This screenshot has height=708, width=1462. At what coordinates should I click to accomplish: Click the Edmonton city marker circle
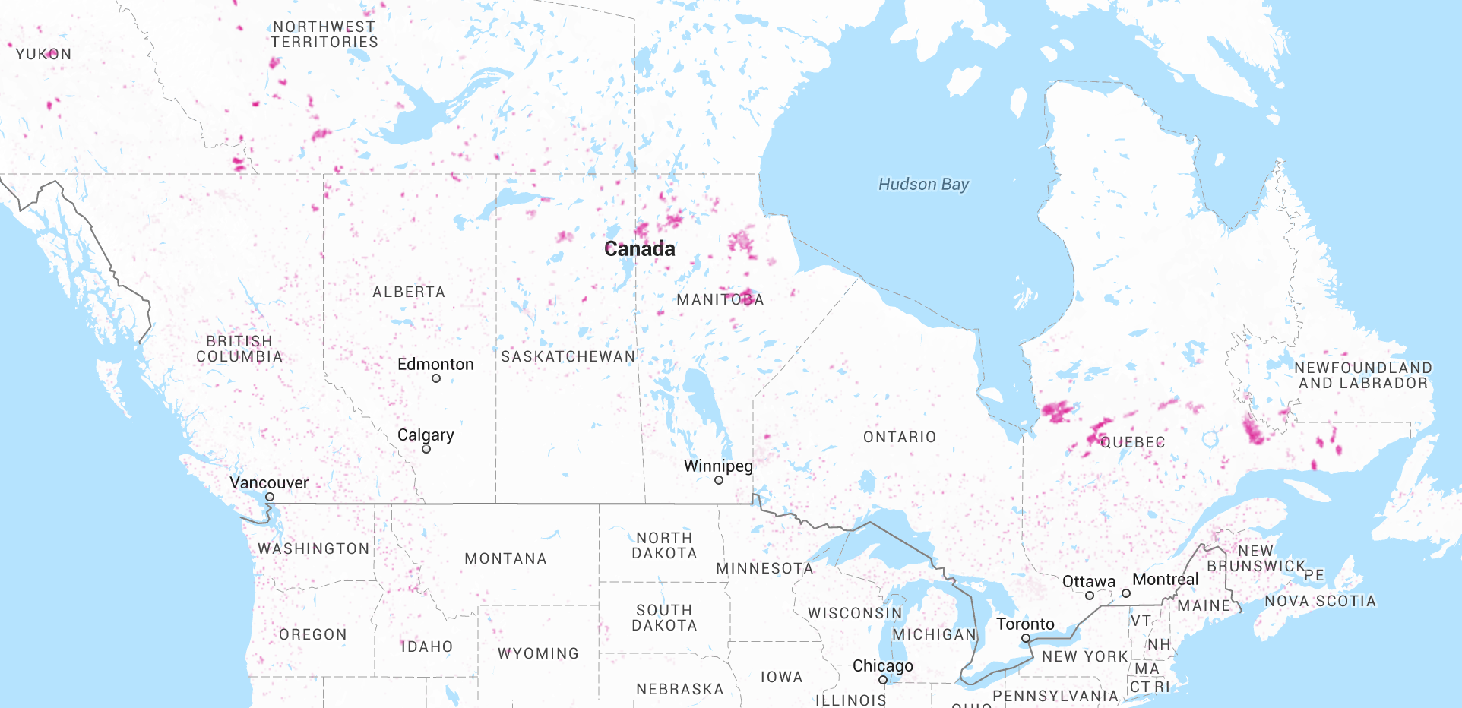pyautogui.click(x=436, y=378)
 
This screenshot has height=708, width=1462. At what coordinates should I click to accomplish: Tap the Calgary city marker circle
pyautogui.click(x=426, y=449)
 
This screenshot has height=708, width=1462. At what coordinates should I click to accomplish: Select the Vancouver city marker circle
pyautogui.click(x=270, y=497)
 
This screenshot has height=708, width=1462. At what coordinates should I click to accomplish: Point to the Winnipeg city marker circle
pyautogui.click(x=719, y=480)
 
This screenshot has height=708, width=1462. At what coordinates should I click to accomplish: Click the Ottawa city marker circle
pyautogui.click(x=1090, y=596)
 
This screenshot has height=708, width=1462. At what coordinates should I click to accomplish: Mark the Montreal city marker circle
pyautogui.click(x=1126, y=593)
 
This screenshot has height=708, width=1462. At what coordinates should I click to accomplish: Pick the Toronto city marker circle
pyautogui.click(x=1026, y=638)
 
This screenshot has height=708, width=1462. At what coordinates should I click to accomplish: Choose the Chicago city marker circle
pyautogui.click(x=883, y=680)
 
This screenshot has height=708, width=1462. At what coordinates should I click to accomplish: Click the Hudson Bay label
pyautogui.click(x=923, y=185)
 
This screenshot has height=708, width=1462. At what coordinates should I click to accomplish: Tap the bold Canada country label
pyautogui.click(x=639, y=249)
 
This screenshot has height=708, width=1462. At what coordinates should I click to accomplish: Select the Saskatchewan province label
pyautogui.click(x=568, y=356)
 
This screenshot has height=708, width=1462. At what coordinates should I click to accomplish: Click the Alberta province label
pyautogui.click(x=409, y=292)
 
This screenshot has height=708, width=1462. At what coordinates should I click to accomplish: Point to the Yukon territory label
pyautogui.click(x=44, y=54)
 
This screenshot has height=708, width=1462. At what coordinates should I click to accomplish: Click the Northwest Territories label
pyautogui.click(x=324, y=34)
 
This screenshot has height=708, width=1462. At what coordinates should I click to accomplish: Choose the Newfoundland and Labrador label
pyautogui.click(x=1363, y=375)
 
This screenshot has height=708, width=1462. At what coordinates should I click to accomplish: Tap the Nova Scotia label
pyautogui.click(x=1320, y=601)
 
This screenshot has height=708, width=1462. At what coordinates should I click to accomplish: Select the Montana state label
pyautogui.click(x=505, y=558)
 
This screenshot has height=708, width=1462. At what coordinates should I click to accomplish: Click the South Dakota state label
pyautogui.click(x=664, y=618)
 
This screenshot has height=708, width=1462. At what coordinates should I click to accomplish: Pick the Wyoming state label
pyautogui.click(x=538, y=653)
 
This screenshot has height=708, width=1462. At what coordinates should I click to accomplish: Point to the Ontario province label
pyautogui.click(x=900, y=437)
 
